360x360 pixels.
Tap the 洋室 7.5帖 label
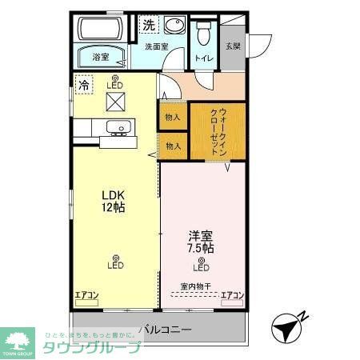coord(200,242)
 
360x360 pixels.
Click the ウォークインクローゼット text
coord(218,131)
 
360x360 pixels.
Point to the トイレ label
coord(203,58)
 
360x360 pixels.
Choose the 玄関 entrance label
coord(232,46)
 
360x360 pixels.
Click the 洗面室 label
coord(157,47)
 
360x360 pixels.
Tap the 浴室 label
coord(101,58)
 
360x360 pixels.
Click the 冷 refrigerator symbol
coord(83,82)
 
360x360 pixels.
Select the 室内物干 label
coord(196,286)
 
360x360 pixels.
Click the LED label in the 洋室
coord(201,268)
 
